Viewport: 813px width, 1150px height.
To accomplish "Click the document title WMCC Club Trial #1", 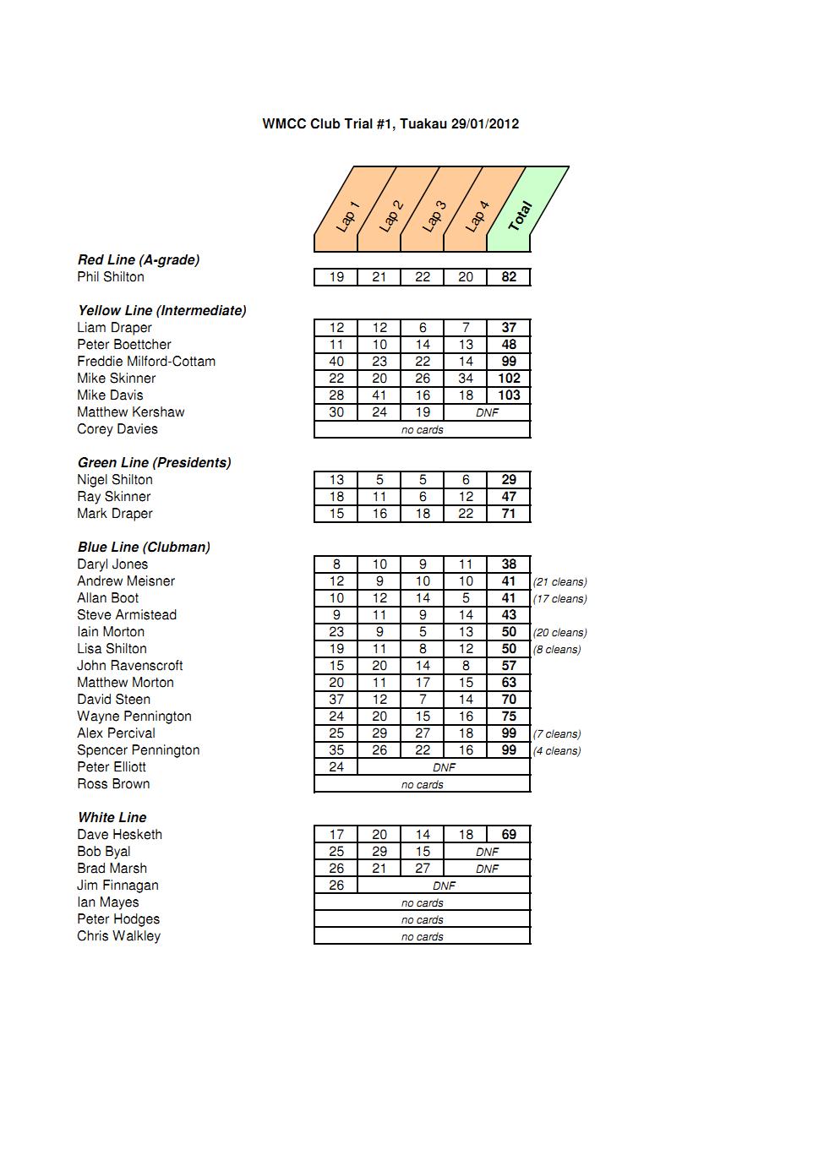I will pos(390,124).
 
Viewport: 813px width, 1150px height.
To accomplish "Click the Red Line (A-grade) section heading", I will pos(139,260).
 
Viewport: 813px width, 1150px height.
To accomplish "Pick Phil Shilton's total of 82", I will pos(509,277).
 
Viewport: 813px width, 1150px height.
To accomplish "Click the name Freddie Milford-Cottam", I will pos(146,362).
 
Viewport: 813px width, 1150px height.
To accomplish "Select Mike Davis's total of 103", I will pos(509,395).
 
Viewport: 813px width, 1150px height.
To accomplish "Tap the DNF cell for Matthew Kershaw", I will pos(487,412).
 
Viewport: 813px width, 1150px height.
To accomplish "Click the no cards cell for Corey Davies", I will pos(422,429).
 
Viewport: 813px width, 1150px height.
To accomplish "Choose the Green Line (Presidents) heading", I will pos(154,463).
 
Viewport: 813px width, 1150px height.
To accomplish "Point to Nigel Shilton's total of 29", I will pos(509,480).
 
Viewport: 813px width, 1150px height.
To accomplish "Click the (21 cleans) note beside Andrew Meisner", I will pos(559,582).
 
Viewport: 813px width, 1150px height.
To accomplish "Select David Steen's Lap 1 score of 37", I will pos(336,700).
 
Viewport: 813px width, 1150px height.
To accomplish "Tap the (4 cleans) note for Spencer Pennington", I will pos(557,751).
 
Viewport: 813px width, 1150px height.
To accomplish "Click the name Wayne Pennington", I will pos(134,717).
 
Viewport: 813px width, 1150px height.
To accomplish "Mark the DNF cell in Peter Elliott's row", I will pos(444,767).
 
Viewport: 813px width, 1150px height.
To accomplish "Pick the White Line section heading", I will pos(112,818).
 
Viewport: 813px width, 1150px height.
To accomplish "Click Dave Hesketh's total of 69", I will pos(509,835).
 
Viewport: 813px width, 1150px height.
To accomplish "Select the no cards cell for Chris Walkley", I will pos(422,936).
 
